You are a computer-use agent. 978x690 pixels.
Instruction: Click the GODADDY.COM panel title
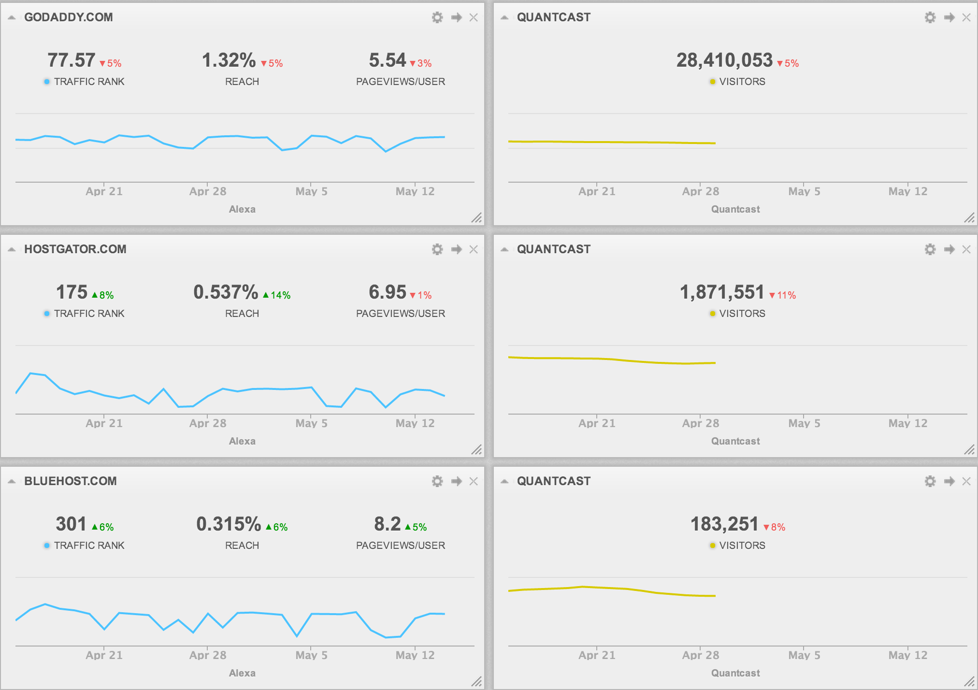[x=68, y=17]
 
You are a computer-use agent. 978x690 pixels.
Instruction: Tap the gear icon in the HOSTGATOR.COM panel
[x=437, y=249]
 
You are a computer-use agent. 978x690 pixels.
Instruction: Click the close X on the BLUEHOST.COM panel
[x=474, y=481]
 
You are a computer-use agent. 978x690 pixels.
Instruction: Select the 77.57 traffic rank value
[x=71, y=61]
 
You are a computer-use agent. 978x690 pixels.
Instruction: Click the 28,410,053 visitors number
[x=724, y=61]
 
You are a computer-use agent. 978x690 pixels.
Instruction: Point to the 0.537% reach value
[x=226, y=293]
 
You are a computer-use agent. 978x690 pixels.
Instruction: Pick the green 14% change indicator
[x=277, y=295]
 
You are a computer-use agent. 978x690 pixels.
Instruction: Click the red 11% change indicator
[x=783, y=295]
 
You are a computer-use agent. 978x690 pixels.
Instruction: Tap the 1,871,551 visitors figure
[x=722, y=293]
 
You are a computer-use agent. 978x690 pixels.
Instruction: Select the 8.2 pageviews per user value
[x=388, y=525]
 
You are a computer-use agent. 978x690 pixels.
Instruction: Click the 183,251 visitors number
[x=724, y=525]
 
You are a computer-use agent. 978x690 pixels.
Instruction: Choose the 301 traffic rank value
[x=71, y=525]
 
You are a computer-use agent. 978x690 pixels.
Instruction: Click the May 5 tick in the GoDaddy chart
[x=311, y=191]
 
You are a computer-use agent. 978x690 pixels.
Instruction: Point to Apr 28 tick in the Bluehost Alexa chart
[x=208, y=655]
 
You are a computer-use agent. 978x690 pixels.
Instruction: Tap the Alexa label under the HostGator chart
[x=242, y=441]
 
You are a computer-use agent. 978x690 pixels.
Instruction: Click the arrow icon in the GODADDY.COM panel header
[x=456, y=17]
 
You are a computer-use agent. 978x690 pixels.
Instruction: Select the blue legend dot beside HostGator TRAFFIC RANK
[x=47, y=314]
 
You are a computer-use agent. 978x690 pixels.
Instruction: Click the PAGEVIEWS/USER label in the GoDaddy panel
[x=401, y=82]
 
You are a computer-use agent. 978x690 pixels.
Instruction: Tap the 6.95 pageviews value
[x=388, y=293]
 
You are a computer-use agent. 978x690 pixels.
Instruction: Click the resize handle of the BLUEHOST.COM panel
[x=477, y=681]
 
